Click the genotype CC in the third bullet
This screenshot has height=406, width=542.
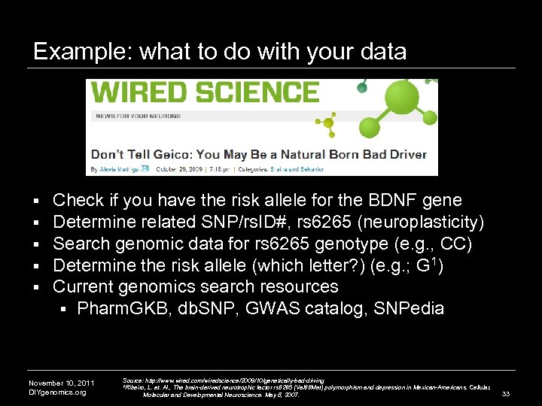[x=454, y=244]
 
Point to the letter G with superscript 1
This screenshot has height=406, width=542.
[x=424, y=265]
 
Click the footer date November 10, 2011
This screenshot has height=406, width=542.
[x=60, y=383]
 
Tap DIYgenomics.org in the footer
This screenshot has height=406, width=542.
[x=57, y=392]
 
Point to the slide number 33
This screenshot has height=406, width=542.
[x=506, y=393]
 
